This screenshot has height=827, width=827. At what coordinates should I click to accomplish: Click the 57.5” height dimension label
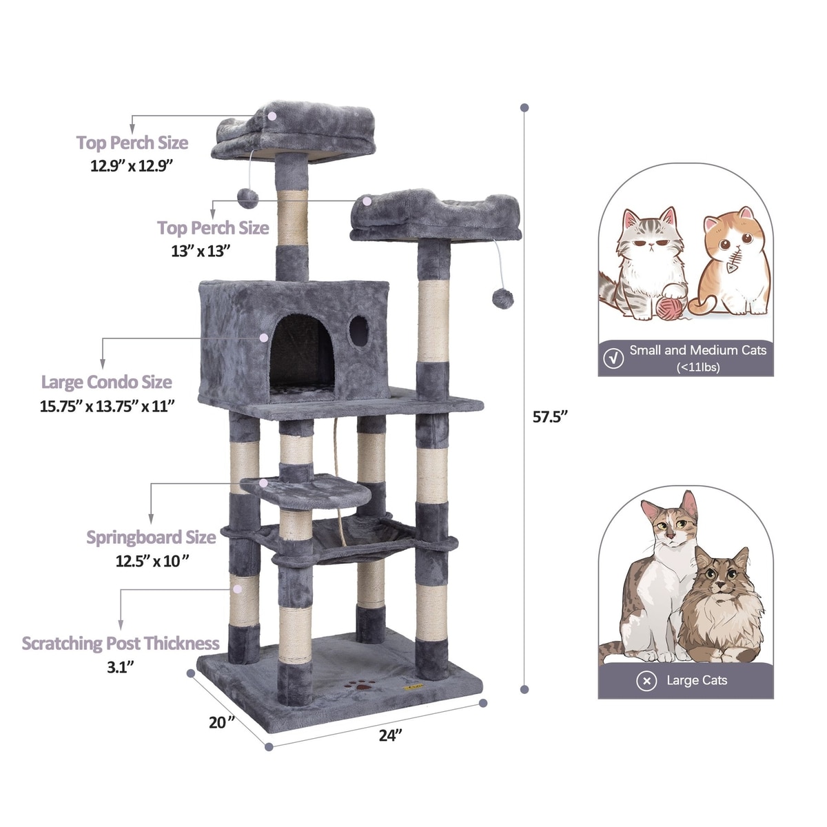point(550,416)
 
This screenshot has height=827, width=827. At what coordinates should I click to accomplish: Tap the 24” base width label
point(390,735)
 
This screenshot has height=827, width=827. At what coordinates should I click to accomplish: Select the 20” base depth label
point(222,722)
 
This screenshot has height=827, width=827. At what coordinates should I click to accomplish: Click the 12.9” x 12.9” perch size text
point(132,165)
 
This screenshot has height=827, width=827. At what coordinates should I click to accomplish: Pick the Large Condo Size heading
point(106,382)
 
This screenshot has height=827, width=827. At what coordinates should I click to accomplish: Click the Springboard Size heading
point(151,538)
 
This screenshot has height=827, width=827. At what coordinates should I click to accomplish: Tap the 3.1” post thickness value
point(121,667)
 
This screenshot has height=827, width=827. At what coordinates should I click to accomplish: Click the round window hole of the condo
point(359,331)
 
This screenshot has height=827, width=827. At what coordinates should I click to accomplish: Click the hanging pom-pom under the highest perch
point(247,198)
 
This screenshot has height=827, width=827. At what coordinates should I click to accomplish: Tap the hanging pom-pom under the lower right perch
point(502,298)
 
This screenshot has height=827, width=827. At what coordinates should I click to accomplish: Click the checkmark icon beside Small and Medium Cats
point(614,358)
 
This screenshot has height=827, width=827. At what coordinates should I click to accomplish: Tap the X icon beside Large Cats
point(646,681)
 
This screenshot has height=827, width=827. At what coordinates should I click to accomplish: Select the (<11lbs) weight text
point(698,367)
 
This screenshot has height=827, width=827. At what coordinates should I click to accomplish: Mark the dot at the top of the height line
point(524,108)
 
